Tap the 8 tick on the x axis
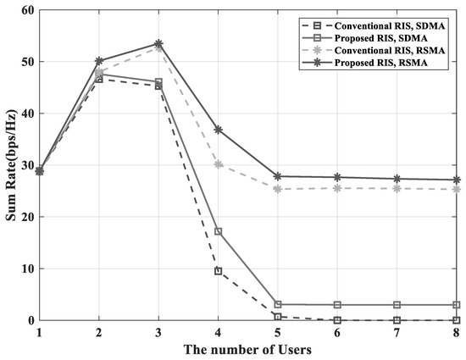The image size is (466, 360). click(458, 332)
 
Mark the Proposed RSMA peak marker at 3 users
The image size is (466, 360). click(158, 43)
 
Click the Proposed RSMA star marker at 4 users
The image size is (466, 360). click(218, 130)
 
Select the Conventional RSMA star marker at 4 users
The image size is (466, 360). click(218, 164)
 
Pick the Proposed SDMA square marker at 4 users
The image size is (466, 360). click(218, 231)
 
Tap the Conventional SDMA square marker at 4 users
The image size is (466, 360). click(218, 271)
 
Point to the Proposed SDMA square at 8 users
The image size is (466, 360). click(458, 305)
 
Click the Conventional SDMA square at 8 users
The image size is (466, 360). click(458, 320)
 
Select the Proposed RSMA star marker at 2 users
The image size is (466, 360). click(98, 61)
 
